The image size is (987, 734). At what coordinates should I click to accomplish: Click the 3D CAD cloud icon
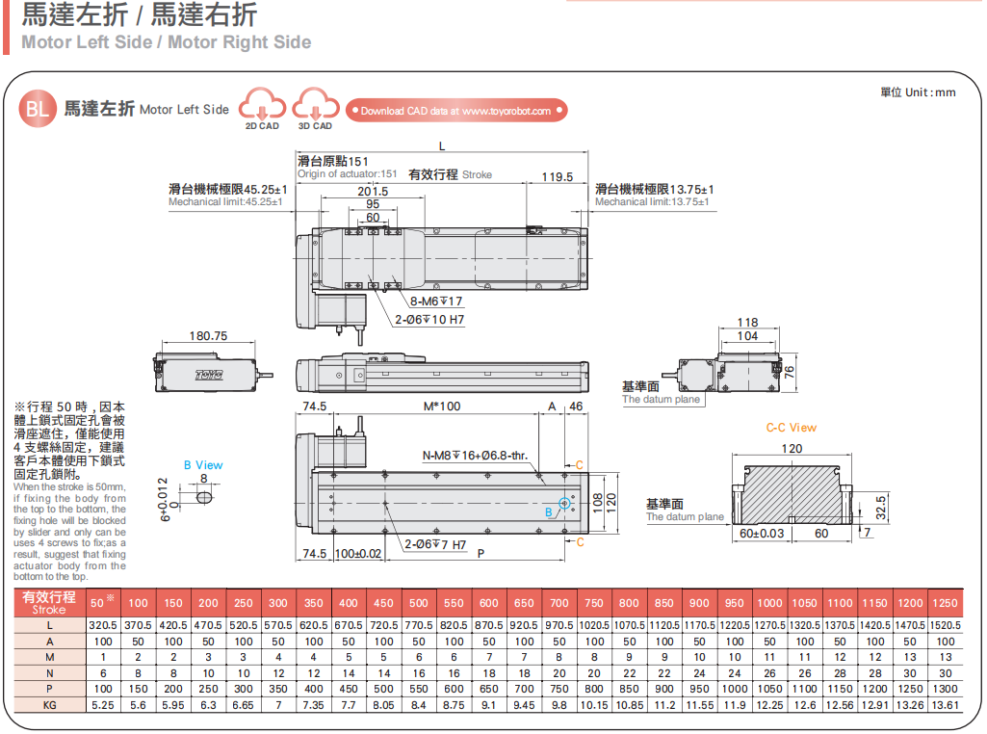(315, 105)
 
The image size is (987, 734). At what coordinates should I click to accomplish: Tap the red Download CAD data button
(455, 111)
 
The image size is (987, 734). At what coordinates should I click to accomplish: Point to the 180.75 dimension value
(208, 336)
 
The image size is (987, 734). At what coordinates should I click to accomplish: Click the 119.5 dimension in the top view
(557, 177)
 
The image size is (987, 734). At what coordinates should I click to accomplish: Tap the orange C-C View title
(791, 428)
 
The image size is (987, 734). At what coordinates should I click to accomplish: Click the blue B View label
(203, 465)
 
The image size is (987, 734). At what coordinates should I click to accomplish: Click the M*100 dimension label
(442, 406)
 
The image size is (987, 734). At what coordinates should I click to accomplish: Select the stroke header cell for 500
(418, 604)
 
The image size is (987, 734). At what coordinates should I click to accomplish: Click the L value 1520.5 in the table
(945, 625)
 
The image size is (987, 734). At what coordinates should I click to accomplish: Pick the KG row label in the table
(49, 705)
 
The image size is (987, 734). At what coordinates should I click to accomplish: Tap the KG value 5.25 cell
(102, 705)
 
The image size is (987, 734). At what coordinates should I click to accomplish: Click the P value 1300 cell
(945, 690)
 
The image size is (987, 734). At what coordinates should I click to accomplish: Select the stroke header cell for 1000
(769, 604)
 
